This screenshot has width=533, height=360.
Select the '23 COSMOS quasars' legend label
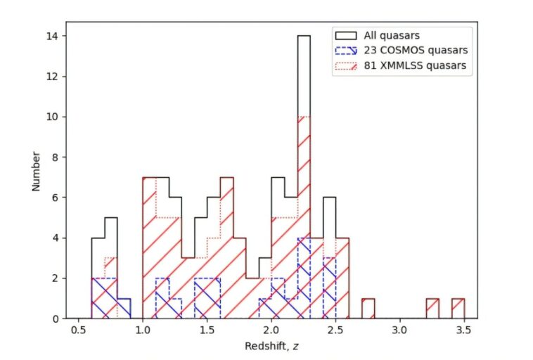[x=415, y=51]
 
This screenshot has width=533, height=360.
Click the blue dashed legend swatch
[x=345, y=51]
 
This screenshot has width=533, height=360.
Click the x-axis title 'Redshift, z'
[x=271, y=347]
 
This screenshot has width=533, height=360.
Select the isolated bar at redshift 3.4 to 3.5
[x=458, y=309]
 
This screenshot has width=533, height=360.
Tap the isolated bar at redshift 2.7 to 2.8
[x=368, y=309]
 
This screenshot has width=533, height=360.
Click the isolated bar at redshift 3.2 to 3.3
[x=432, y=309]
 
